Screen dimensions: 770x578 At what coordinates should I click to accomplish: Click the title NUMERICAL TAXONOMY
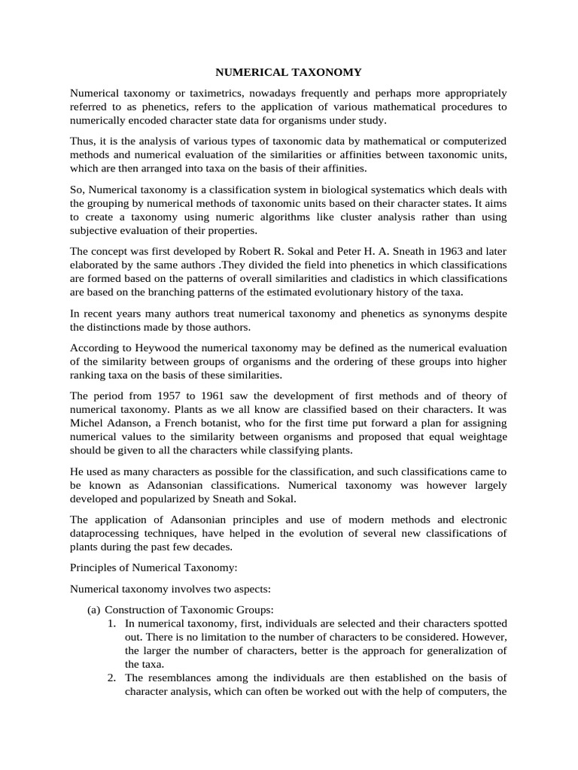[289, 73]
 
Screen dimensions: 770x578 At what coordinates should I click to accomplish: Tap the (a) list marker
[94, 609]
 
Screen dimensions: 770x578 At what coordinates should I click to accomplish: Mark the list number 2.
[111, 678]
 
